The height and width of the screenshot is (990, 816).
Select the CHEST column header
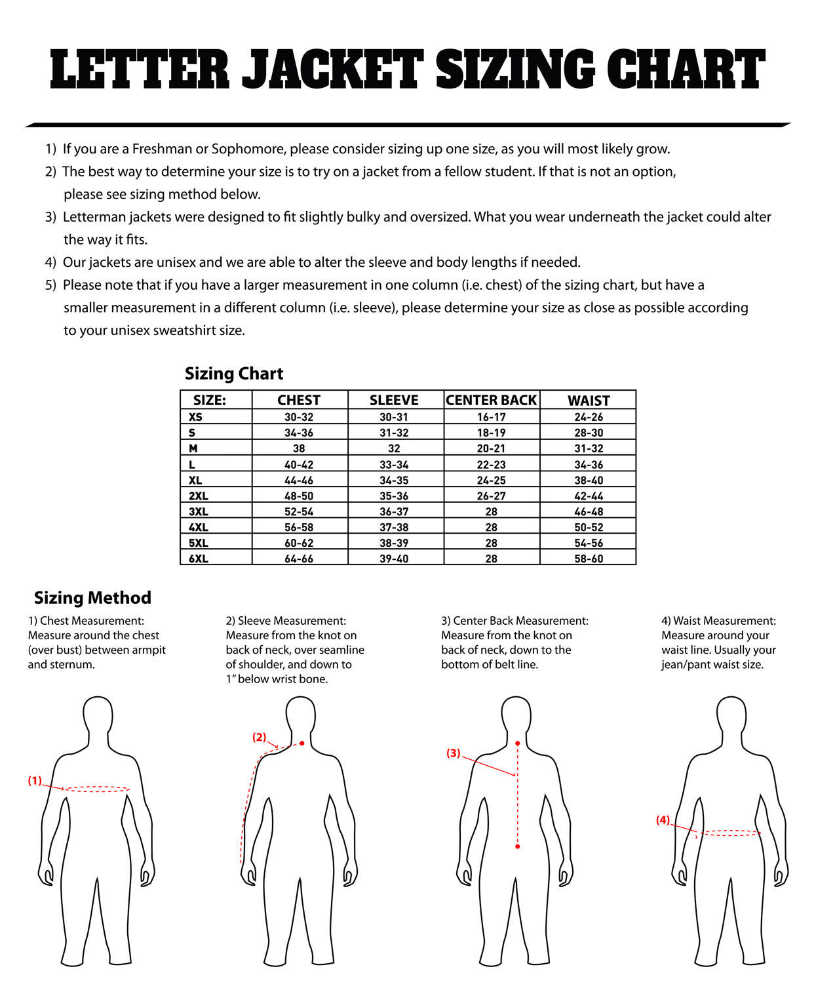tap(299, 400)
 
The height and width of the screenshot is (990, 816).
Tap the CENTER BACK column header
tap(492, 400)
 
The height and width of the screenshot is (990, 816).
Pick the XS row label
tap(195, 417)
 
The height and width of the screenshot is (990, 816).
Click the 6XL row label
tap(198, 559)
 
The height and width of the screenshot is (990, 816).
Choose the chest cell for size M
tap(299, 448)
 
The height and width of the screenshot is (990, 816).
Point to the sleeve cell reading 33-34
tap(394, 464)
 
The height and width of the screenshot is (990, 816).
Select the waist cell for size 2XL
tap(589, 496)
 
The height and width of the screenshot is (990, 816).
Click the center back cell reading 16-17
tap(492, 417)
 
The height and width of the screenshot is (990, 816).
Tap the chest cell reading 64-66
tap(299, 559)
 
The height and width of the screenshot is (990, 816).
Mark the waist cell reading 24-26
tap(589, 417)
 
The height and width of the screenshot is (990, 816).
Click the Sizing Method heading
tap(92, 597)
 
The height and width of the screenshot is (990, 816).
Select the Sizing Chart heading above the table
tap(234, 374)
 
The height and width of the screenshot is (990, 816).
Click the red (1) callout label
tap(35, 781)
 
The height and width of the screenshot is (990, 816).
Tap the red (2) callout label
tap(260, 737)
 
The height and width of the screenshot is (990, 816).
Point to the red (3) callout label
tap(454, 753)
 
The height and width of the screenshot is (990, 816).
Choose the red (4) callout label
tap(663, 820)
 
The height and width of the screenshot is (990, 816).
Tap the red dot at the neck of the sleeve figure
tap(301, 743)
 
